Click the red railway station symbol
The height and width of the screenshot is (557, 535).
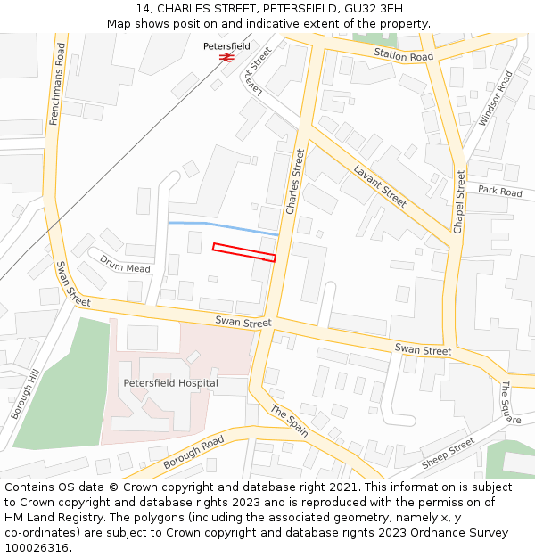(226, 56)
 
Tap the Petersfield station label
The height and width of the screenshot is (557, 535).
(226, 45)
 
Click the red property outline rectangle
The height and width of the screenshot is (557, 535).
(243, 252)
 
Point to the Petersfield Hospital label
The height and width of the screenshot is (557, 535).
(170, 383)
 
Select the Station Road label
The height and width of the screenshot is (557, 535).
(403, 56)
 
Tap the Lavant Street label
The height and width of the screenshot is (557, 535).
(380, 185)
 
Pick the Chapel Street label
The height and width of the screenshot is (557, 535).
(460, 202)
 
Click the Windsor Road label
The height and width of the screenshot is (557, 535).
(496, 99)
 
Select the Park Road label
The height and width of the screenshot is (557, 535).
(499, 191)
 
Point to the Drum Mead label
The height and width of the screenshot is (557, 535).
(125, 264)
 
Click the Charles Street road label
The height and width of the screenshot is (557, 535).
(295, 181)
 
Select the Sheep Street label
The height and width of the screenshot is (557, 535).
(448, 453)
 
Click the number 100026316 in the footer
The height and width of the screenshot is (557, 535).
(37, 547)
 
